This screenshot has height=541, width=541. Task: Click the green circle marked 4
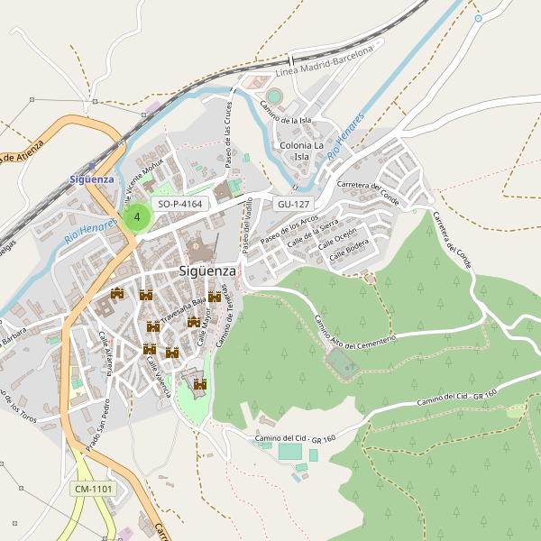point(136,217)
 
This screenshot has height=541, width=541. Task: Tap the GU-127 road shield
point(295,205)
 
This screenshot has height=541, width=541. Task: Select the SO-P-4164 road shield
point(179,205)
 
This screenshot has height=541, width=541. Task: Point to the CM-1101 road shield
point(94,490)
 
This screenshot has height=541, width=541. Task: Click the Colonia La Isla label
point(302,151)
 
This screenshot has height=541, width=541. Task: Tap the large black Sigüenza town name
point(207,270)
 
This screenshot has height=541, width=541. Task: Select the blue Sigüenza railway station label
point(92,179)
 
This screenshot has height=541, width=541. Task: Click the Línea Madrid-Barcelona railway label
point(324,62)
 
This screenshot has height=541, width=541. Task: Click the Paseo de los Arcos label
point(289,232)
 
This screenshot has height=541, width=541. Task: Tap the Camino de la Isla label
point(286,114)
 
